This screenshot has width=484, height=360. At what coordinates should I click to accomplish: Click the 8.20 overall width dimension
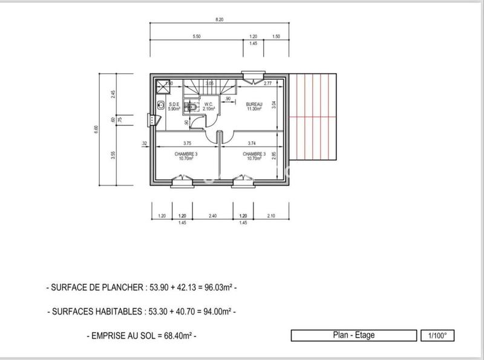(218, 20)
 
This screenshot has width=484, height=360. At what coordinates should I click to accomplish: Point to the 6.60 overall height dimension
(96, 130)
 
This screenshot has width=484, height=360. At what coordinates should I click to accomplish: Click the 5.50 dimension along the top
(196, 37)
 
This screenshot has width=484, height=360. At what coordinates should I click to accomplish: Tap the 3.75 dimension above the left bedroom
(187, 143)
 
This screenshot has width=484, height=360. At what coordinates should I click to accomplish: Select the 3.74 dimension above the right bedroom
(253, 143)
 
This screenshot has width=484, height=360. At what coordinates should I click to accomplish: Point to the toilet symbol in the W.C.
(191, 107)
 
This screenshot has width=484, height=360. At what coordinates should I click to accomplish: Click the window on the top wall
(250, 76)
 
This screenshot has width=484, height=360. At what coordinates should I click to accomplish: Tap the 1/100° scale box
(437, 335)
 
